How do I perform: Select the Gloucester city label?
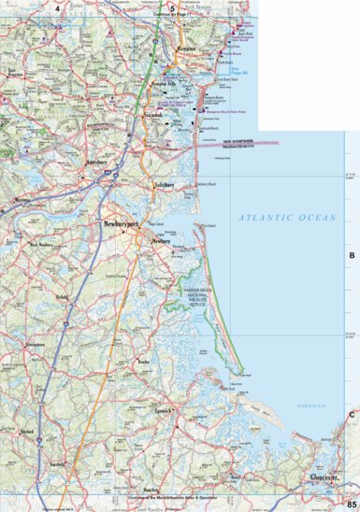click(x=328, y=477)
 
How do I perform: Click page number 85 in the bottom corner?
click(x=351, y=505)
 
